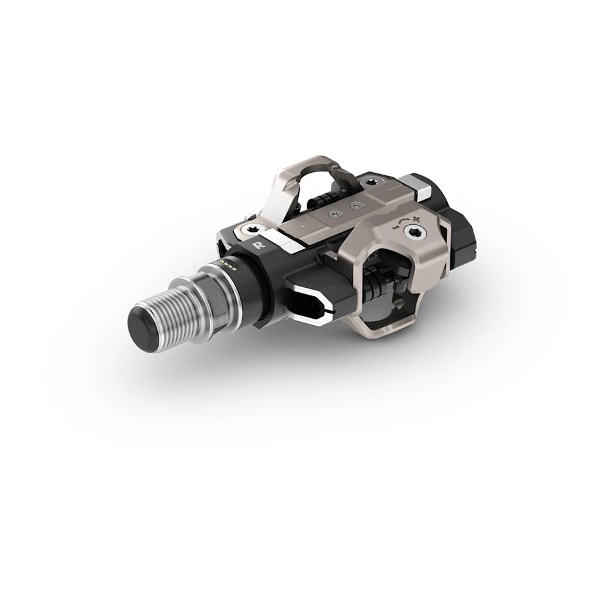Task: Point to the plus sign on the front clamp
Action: tap(416, 219)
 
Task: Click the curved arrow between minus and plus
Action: tap(404, 220)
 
